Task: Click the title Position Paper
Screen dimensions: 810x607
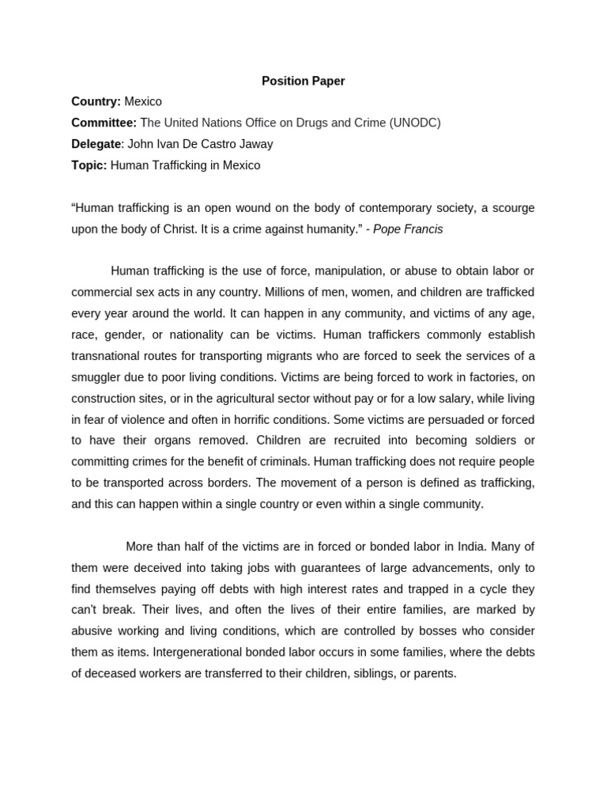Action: [303, 81]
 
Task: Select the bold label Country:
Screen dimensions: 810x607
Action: [96, 101]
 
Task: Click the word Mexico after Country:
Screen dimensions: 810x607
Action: [143, 101]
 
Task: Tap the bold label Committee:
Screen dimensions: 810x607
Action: [104, 123]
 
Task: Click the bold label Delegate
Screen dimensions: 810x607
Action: [96, 144]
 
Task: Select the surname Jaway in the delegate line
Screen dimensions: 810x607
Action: [254, 144]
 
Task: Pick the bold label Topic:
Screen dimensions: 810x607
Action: [89, 165]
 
